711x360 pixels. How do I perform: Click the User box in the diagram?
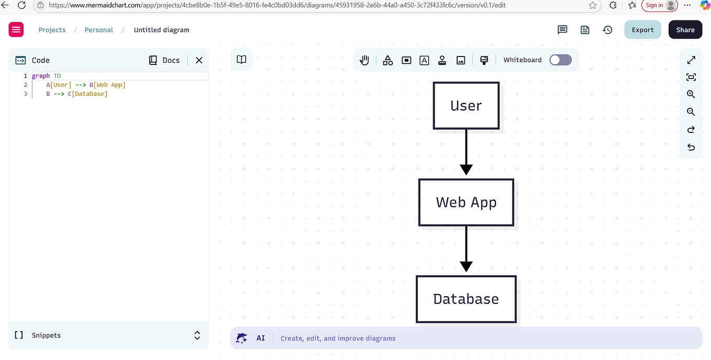pos(466,106)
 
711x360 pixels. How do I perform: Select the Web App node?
pos(466,203)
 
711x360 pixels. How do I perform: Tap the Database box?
pos(466,299)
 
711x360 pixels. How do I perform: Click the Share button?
pos(685,30)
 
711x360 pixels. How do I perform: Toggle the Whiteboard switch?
pos(560,60)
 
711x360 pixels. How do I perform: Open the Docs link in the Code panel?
pos(164,60)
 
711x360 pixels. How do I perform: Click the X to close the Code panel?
pos(199,60)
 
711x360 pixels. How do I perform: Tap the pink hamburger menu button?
pos(16,30)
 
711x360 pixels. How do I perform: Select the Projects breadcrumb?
pos(52,30)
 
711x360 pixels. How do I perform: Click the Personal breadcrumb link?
pos(99,30)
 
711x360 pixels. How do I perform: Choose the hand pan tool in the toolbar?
pos(364,60)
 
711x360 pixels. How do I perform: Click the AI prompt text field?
pos(471,339)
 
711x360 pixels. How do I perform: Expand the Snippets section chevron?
pos(197,335)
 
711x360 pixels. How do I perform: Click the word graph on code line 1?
pos(41,76)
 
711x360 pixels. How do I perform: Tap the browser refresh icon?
pos(21,5)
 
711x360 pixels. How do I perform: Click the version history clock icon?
pos(607,30)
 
